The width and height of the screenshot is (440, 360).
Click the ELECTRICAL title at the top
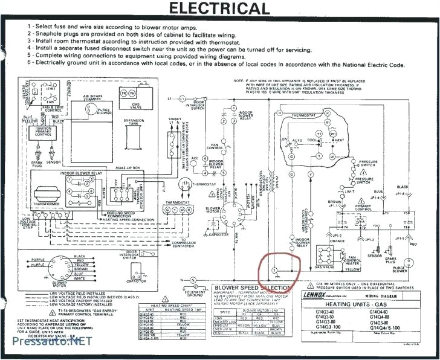219,8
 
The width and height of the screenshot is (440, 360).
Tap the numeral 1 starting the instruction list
29,27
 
